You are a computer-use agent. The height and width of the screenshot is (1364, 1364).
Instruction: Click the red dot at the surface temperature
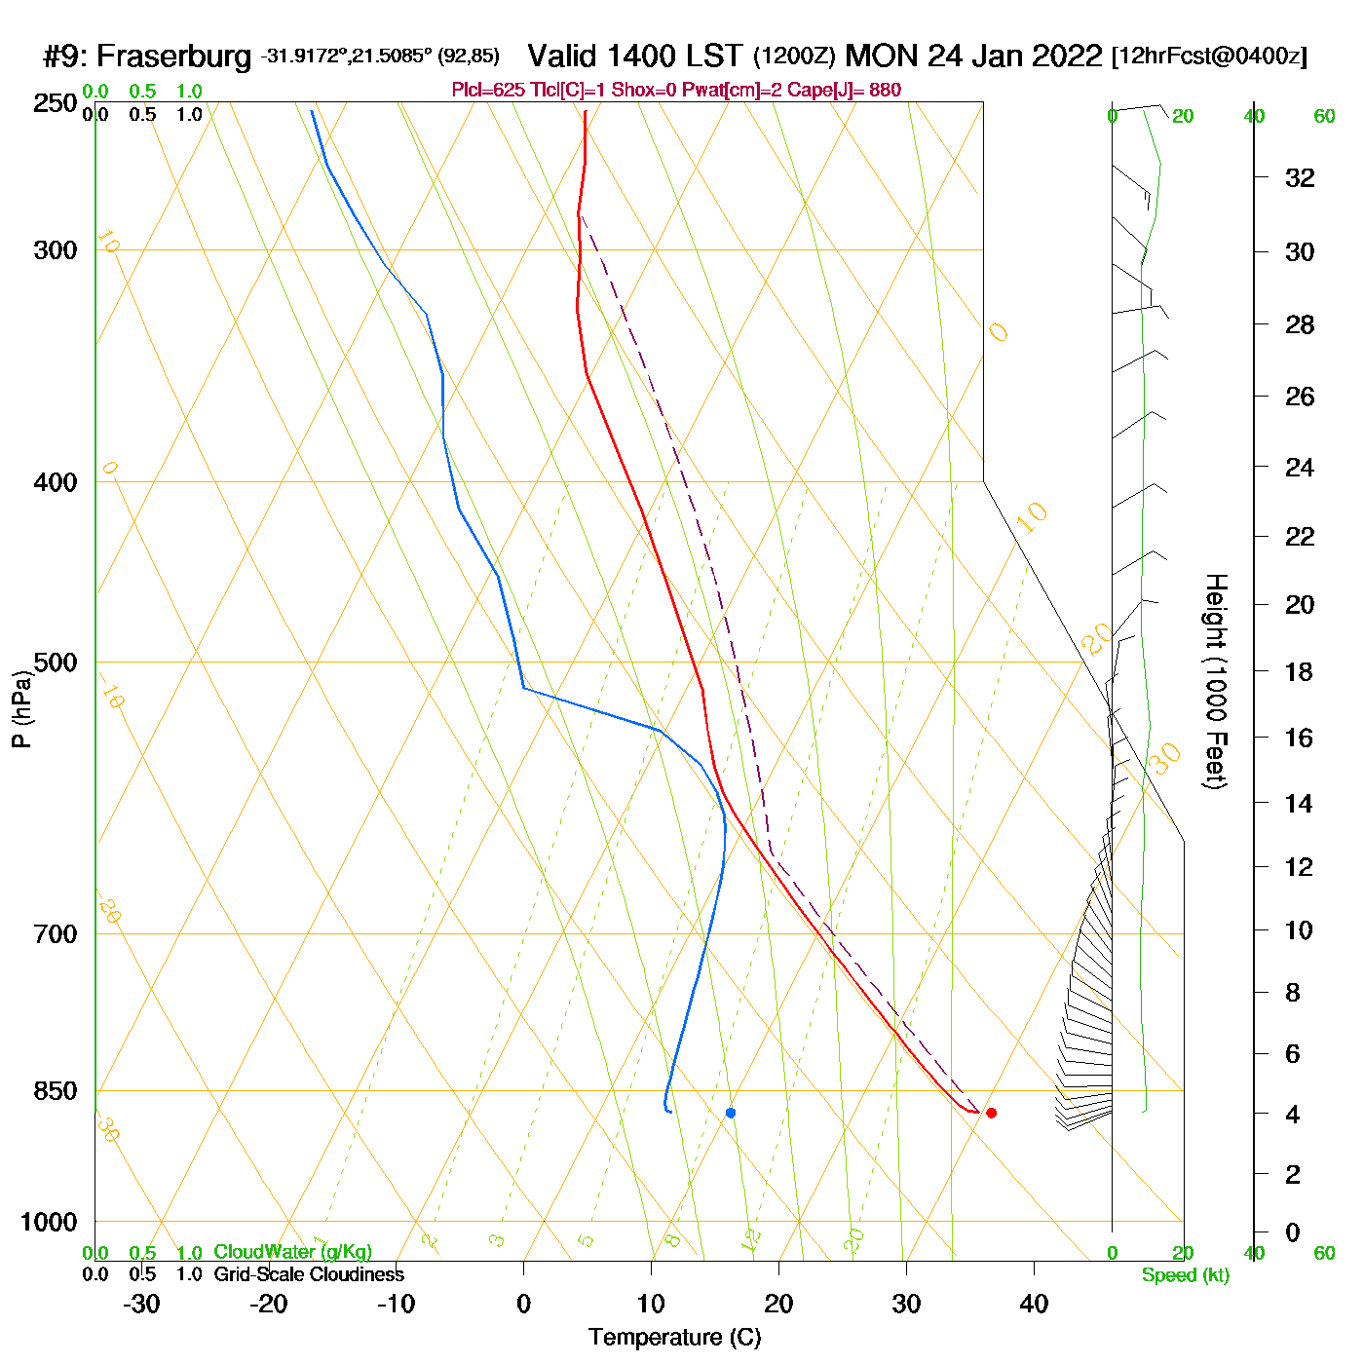coord(991,1113)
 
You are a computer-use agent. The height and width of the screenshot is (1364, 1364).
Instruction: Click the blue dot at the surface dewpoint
coord(731,1113)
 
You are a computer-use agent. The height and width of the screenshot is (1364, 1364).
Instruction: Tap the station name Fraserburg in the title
coord(174,57)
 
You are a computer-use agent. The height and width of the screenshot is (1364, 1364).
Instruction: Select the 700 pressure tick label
coord(56,934)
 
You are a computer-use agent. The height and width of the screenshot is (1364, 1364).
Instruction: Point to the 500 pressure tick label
coord(56,663)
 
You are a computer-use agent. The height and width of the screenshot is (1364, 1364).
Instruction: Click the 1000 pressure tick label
coord(49,1222)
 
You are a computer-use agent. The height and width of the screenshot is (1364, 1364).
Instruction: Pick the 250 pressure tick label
coord(56,103)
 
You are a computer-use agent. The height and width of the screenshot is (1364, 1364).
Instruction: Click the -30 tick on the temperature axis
coord(141,1304)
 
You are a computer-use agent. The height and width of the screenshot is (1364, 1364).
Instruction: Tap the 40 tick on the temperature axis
coord(1034,1304)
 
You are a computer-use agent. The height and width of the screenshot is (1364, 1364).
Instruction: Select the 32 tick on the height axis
coord(1300,177)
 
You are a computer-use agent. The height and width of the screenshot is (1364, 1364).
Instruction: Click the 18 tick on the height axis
coord(1300,671)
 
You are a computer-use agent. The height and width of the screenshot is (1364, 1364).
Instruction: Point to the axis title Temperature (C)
coord(674,1338)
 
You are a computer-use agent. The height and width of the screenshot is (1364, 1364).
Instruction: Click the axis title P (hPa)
coord(21,709)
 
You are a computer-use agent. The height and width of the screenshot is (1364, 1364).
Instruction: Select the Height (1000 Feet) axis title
coord(1216,681)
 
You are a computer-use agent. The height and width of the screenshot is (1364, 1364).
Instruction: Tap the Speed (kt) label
coord(1186,1275)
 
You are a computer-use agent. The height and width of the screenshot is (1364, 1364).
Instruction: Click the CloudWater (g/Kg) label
coord(292,1252)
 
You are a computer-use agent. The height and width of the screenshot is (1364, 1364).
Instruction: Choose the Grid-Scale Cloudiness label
coord(309,1274)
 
